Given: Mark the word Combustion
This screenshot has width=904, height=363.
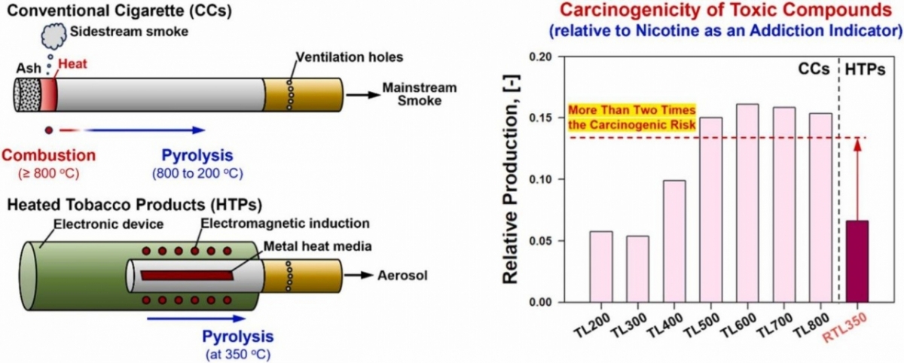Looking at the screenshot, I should tap(48, 155).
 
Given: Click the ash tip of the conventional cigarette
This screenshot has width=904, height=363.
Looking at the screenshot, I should tap(28, 96).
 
